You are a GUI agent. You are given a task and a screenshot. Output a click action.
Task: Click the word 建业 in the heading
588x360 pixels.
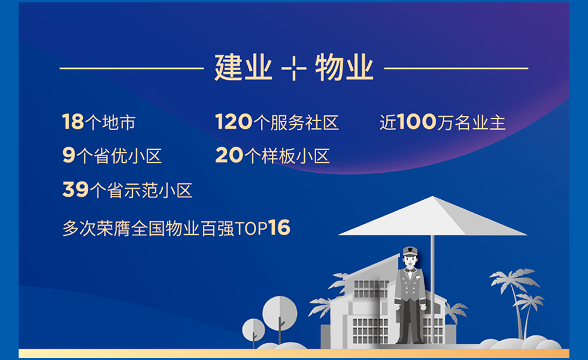[243, 68]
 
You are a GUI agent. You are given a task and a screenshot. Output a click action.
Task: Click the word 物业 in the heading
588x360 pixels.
[344, 68]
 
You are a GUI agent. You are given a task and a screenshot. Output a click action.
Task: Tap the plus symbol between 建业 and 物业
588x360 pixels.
[293, 68]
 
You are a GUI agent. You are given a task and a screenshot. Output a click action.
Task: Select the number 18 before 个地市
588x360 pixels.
[73, 122]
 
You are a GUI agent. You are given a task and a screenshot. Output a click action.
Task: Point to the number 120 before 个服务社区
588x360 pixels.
[234, 122]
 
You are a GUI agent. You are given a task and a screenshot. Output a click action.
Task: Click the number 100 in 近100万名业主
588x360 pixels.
[416, 122]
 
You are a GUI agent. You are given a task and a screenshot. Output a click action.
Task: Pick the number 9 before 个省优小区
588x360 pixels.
[69, 155]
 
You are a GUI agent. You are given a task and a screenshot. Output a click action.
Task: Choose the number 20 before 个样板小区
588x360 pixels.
[229, 155]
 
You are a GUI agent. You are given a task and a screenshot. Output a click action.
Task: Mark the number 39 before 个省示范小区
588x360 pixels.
[76, 190]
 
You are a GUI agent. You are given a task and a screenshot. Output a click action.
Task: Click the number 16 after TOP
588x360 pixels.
[280, 227]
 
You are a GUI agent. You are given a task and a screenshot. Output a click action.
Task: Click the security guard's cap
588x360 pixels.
[410, 251]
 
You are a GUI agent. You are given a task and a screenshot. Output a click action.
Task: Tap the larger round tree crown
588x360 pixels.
[280, 313]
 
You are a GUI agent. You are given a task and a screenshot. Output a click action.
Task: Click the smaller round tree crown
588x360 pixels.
[253, 329]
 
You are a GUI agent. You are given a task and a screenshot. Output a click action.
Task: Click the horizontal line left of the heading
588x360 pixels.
[131, 68]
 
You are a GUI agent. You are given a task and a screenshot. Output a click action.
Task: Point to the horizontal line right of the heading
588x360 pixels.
[456, 68]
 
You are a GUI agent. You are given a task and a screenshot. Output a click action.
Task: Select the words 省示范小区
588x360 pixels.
[149, 190]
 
